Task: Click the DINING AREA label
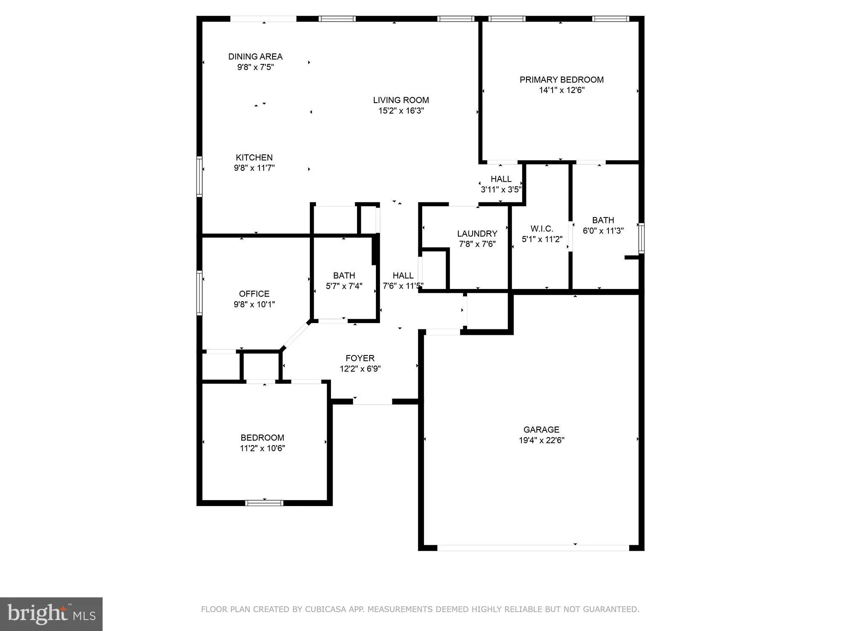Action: pyautogui.click(x=255, y=56)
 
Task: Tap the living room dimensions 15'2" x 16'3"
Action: pyautogui.click(x=401, y=111)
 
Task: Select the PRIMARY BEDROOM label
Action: pyautogui.click(x=561, y=80)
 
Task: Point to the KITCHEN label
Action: pyautogui.click(x=254, y=157)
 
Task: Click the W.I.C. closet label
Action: pyautogui.click(x=542, y=229)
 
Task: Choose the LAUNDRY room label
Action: pyautogui.click(x=477, y=233)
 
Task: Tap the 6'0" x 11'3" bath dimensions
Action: pyautogui.click(x=603, y=231)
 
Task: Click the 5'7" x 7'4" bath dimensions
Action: pyautogui.click(x=344, y=286)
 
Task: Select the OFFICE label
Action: pyautogui.click(x=254, y=294)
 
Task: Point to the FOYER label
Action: pyautogui.click(x=360, y=358)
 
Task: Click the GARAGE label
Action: pyautogui.click(x=541, y=430)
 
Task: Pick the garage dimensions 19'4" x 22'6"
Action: pyautogui.click(x=541, y=440)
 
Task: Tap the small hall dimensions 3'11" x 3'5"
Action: pyautogui.click(x=501, y=189)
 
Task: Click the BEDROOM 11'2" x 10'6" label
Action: pyautogui.click(x=262, y=437)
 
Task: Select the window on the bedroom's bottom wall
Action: pyautogui.click(x=264, y=503)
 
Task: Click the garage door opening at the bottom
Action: pyautogui.click(x=533, y=548)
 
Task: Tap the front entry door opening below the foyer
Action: pyautogui.click(x=372, y=402)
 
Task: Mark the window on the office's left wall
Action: pyautogui.click(x=199, y=293)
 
